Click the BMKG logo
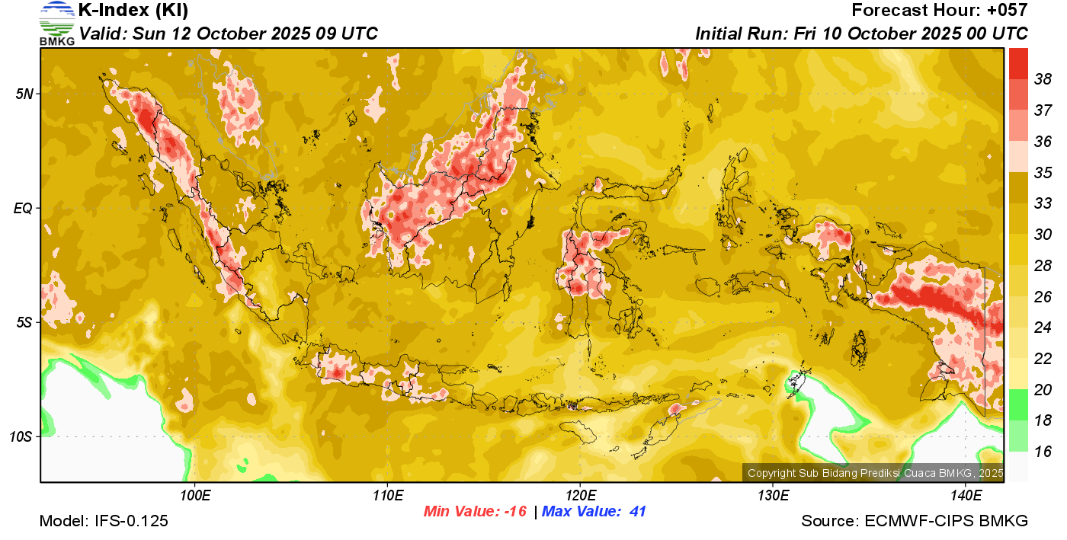click(57, 23)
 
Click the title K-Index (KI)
click(133, 11)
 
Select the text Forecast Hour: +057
click(940, 11)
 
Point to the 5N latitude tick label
click(24, 94)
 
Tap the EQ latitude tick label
click(24, 208)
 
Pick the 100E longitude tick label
click(195, 495)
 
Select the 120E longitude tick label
click(580, 495)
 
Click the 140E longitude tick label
click(966, 495)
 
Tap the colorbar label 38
click(1043, 78)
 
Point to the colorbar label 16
click(1043, 451)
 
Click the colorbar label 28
click(1043, 265)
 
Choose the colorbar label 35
click(1043, 172)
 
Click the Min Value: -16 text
click(476, 512)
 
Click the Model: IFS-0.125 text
click(104, 521)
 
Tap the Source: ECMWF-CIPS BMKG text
click(915, 521)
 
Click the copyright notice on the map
click(875, 473)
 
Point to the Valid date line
click(229, 34)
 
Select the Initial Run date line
click(861, 34)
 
